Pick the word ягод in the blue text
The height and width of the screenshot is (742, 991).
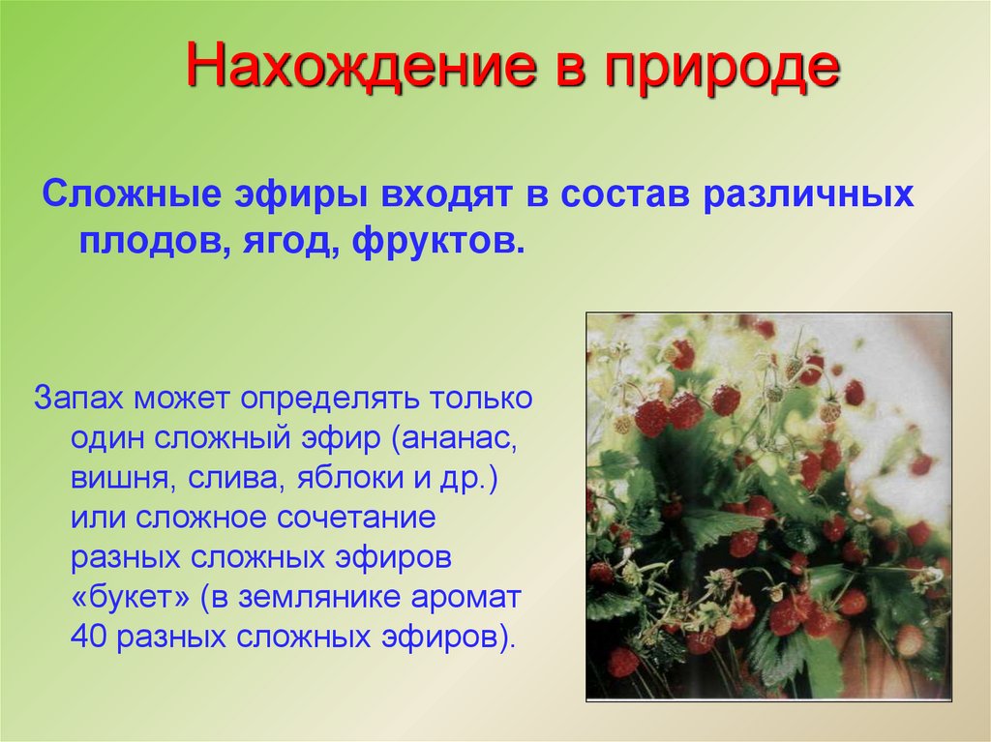[281, 238]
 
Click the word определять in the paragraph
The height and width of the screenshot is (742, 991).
[330, 398]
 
